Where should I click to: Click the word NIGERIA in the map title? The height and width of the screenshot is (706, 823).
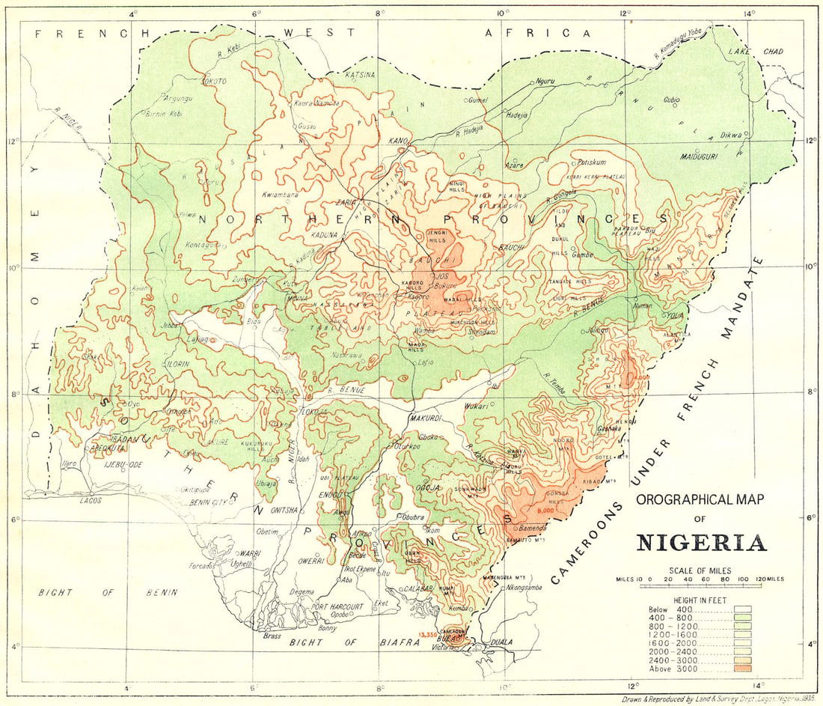[701, 542]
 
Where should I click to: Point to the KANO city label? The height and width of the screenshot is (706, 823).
[398, 141]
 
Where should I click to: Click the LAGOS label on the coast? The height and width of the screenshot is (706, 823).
[91, 499]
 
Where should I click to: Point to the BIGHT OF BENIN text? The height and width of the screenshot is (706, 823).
[108, 592]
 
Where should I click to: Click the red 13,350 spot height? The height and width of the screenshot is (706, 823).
[428, 635]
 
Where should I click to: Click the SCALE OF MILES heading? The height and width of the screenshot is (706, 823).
[700, 570]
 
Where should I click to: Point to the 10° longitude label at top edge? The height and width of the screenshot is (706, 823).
[502, 13]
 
